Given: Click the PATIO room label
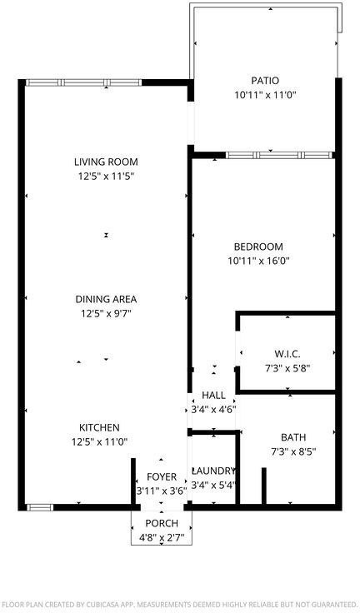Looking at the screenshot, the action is (x=265, y=81).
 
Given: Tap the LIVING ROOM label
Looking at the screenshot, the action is (x=106, y=162).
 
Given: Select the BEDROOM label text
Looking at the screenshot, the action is (x=258, y=247).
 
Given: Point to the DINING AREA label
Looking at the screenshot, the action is (x=106, y=300).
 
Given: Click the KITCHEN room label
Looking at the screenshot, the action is (x=99, y=428).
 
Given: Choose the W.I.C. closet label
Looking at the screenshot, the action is (x=287, y=354).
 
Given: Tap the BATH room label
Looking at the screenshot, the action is (x=293, y=437).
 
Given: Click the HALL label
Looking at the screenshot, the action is (x=213, y=396).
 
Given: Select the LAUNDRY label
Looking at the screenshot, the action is (x=213, y=471).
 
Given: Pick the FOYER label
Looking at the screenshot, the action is (x=162, y=477).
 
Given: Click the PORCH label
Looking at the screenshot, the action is (x=162, y=524).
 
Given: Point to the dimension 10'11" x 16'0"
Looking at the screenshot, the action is (x=258, y=261).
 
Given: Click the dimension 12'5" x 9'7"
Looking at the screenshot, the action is (x=106, y=313).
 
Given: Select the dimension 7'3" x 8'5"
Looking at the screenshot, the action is (x=293, y=452).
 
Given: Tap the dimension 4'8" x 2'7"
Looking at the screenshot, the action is (x=162, y=537).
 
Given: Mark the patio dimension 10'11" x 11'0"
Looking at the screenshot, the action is (x=265, y=95).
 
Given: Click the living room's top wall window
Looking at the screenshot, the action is (x=83, y=82).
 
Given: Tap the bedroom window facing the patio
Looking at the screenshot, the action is (x=279, y=155).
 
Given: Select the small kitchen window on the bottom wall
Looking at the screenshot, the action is (x=39, y=507).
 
